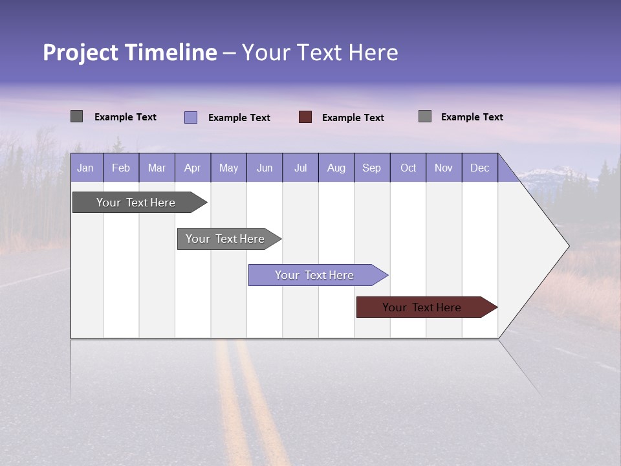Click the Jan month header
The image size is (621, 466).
86,168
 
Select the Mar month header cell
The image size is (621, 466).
157,168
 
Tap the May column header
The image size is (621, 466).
228,168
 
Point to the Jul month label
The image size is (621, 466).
300,168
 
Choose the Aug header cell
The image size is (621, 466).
336,168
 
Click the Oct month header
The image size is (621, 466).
408,168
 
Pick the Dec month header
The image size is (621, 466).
479,168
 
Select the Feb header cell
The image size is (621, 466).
121,168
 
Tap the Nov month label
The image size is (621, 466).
443,168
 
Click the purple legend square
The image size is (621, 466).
191,117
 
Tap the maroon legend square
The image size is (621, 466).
305,117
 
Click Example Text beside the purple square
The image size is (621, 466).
239,118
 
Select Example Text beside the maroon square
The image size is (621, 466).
353,118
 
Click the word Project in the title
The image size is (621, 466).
82,52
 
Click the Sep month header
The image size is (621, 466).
371,168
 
